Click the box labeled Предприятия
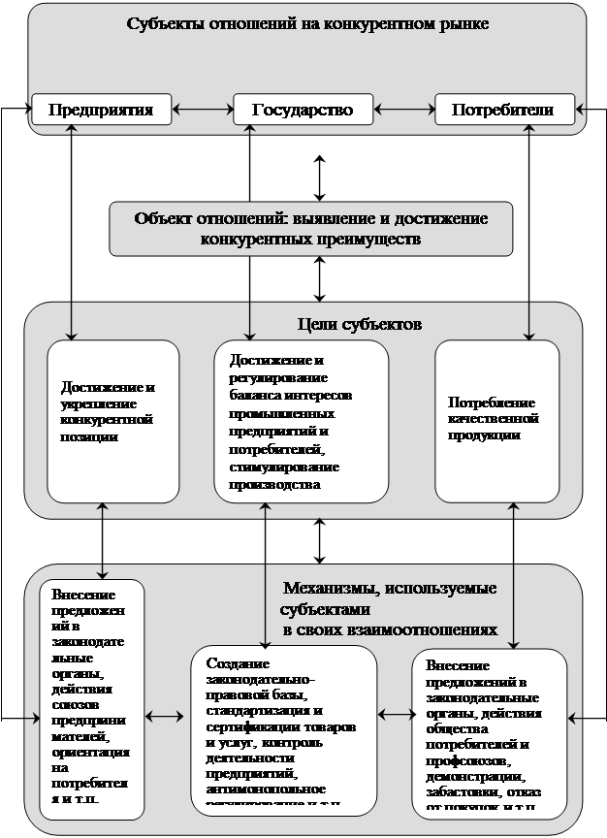coord(101,109)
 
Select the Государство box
coord(303,109)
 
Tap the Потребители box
coord(502,109)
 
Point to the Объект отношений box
coord(311,228)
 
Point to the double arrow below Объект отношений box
coord(319,279)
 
